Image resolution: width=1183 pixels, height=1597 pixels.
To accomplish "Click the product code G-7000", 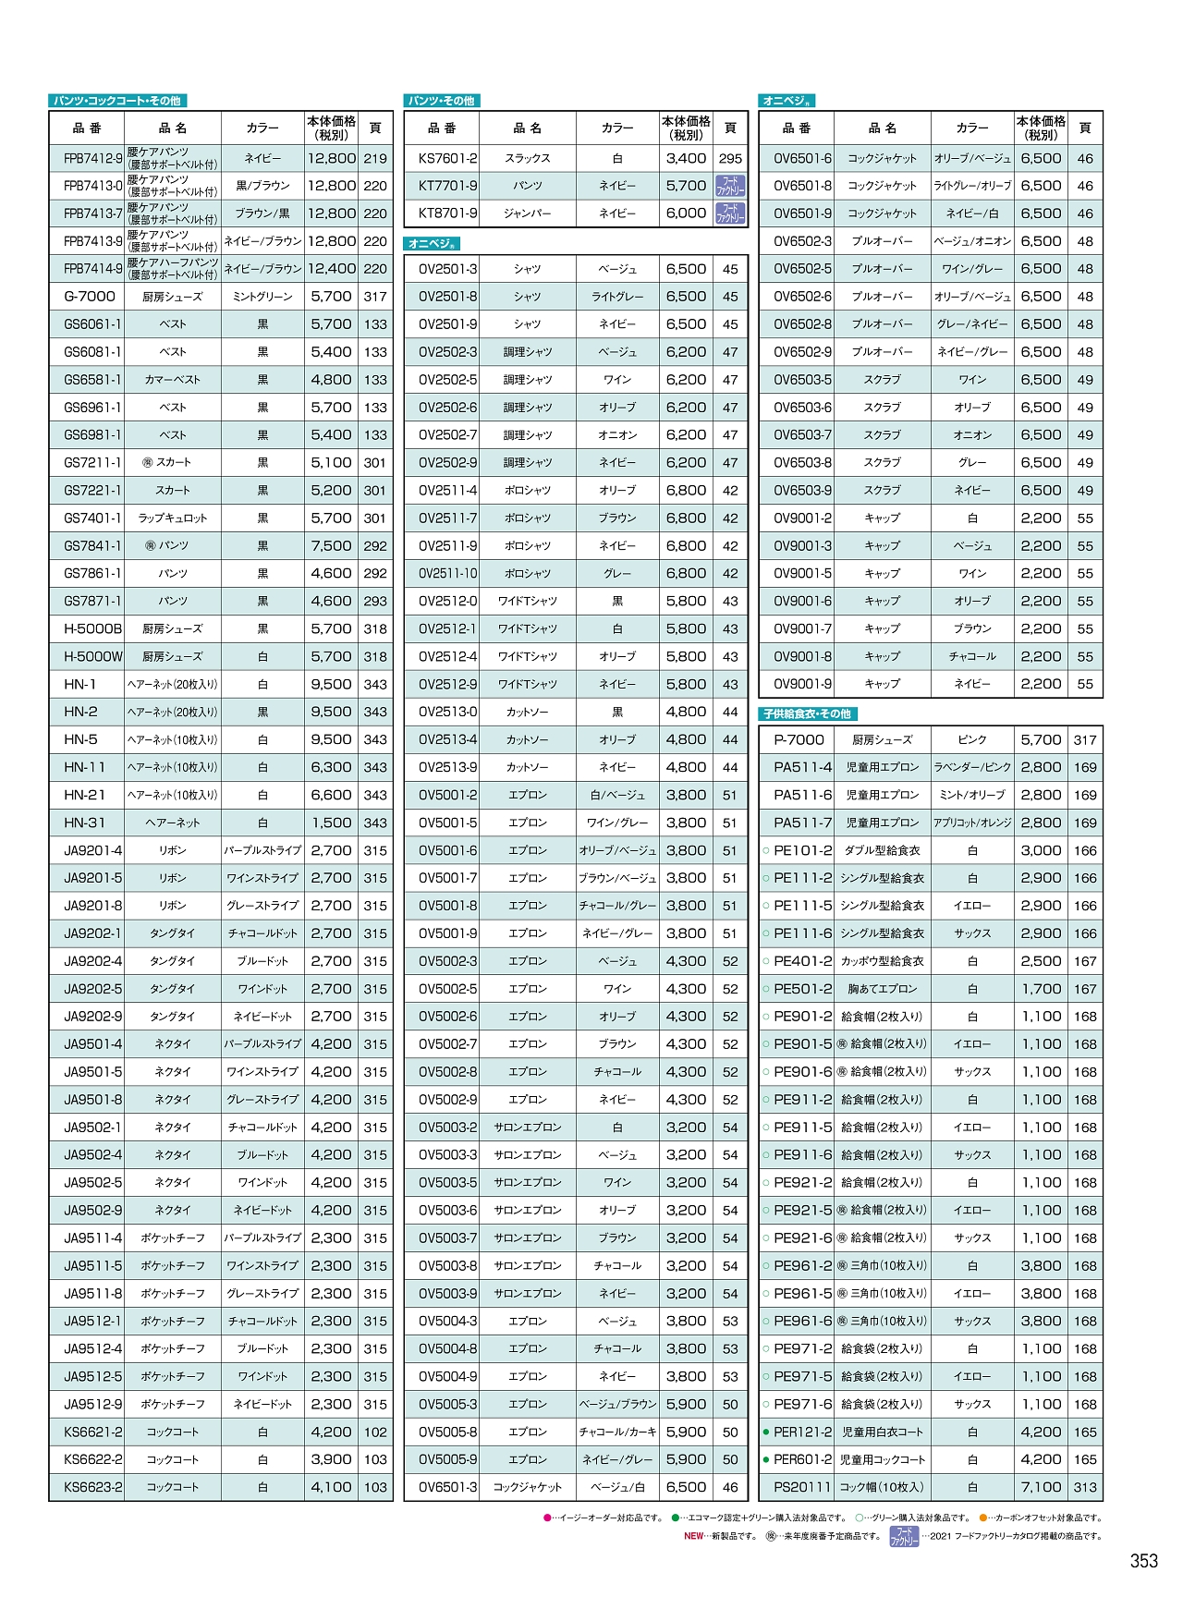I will pyautogui.click(x=90, y=297).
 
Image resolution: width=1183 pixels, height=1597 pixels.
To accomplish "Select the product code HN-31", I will pyautogui.click(x=85, y=823).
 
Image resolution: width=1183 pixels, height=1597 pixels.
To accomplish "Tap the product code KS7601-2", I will pyautogui.click(x=448, y=158).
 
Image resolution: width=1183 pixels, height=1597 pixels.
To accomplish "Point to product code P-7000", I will pyautogui.click(x=799, y=739).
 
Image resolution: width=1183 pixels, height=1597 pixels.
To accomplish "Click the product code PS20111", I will pyautogui.click(x=802, y=1487).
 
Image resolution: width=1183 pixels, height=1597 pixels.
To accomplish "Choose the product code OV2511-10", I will pyautogui.click(x=448, y=573).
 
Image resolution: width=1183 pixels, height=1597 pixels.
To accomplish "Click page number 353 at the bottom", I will pyautogui.click(x=1143, y=1561).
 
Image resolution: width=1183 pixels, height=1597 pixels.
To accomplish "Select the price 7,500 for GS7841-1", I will pyautogui.click(x=331, y=545).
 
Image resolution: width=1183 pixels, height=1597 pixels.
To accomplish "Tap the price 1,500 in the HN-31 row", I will pyautogui.click(x=331, y=823).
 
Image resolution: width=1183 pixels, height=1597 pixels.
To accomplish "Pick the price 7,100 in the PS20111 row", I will pyautogui.click(x=1041, y=1487).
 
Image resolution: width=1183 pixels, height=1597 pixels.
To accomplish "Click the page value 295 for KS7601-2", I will pyautogui.click(x=730, y=158).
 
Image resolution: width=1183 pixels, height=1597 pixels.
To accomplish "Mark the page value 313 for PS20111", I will pyautogui.click(x=1085, y=1487).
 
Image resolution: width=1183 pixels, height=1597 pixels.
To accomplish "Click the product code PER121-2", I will pyautogui.click(x=802, y=1432).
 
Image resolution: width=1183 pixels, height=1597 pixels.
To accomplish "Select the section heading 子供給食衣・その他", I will pyautogui.click(x=807, y=713).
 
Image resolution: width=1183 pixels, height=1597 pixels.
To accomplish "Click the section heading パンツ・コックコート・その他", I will pyautogui.click(x=117, y=101).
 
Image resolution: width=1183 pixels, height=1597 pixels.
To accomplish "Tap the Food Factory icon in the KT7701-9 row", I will pyautogui.click(x=730, y=186).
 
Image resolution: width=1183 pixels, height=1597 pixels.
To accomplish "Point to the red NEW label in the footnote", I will pyautogui.click(x=694, y=1536).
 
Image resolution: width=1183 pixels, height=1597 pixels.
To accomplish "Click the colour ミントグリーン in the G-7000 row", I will pyautogui.click(x=262, y=297).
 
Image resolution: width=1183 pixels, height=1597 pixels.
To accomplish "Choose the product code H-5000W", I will pyautogui.click(x=92, y=656).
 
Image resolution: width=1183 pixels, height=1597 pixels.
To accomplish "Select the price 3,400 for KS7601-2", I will pyautogui.click(x=686, y=158).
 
